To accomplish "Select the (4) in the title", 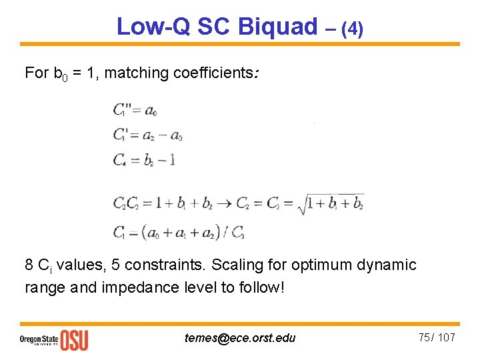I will [x=352, y=29].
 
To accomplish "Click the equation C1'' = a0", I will [x=135, y=109].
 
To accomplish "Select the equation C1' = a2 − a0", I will [x=147, y=134].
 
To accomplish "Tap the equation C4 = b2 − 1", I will [x=143, y=160].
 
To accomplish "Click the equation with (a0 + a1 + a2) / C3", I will [x=179, y=233].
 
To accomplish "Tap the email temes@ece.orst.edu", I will [x=239, y=338].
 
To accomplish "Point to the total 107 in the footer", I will [x=447, y=337].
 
